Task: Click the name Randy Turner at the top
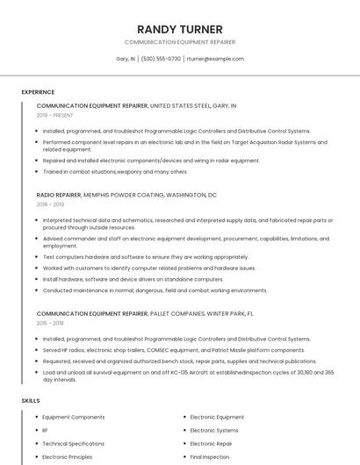tap(180, 29)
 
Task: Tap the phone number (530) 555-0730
tap(161, 59)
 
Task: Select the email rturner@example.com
tap(214, 59)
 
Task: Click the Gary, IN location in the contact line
tap(126, 59)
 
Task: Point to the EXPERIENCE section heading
tap(38, 92)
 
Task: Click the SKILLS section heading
tap(31, 401)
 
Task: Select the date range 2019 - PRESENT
tap(55, 115)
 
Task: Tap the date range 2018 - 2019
tap(51, 204)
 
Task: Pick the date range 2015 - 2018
tap(51, 323)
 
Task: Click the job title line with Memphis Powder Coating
tap(126, 195)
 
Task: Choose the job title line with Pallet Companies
tap(145, 313)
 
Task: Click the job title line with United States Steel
tap(136, 105)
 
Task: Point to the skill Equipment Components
tap(74, 418)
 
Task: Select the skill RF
tap(46, 431)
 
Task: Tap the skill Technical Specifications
tap(74, 444)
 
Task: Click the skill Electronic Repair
tap(211, 444)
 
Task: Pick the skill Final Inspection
tap(210, 457)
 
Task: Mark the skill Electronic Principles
tap(68, 457)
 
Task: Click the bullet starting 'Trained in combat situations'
tap(114, 171)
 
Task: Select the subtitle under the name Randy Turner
tap(180, 42)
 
